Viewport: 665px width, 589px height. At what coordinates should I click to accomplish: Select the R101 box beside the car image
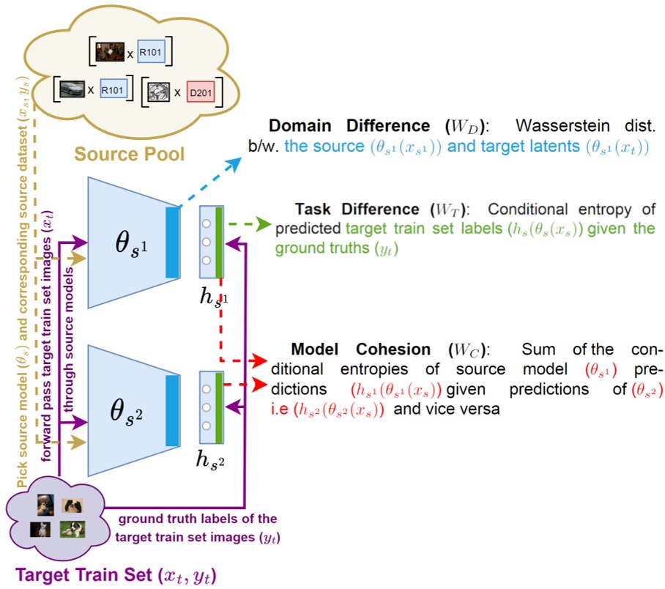pyautogui.click(x=114, y=89)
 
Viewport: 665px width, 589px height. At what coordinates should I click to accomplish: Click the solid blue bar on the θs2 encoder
pyautogui.click(x=173, y=411)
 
